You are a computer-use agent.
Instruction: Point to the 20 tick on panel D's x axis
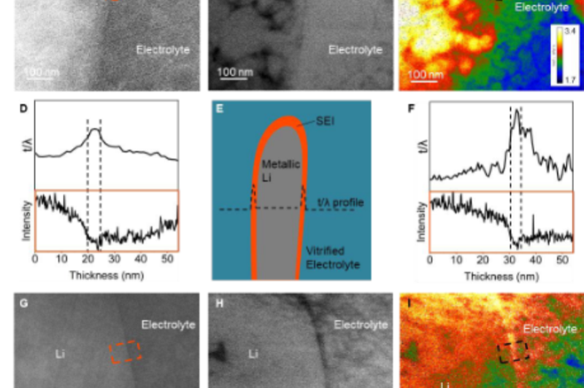[88, 259]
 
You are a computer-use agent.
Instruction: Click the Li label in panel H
[253, 354]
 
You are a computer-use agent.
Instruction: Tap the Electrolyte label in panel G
[168, 325]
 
